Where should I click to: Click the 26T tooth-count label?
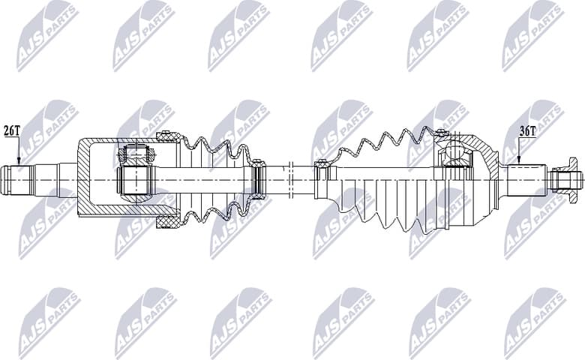[12, 130]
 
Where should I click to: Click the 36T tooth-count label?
[527, 130]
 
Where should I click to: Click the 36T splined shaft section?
[526, 180]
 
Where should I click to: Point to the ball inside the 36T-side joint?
[455, 156]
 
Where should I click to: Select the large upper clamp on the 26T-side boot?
[167, 138]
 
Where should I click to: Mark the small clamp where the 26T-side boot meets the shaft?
[259, 180]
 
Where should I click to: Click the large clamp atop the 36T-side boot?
[441, 135]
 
